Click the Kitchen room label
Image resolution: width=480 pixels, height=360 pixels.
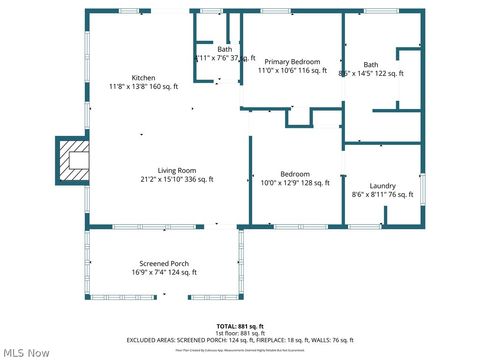[x=143, y=78]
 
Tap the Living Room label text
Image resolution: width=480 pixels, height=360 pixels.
[x=177, y=170]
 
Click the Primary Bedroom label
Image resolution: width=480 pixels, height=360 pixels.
[x=292, y=61]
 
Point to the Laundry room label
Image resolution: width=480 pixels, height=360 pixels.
[x=383, y=186]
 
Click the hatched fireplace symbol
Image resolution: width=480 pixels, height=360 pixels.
[x=74, y=158]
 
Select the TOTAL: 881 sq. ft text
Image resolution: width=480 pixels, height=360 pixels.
[x=240, y=326]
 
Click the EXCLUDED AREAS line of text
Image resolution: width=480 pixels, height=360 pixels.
[x=240, y=340]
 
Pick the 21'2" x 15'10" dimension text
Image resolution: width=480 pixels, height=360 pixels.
[x=177, y=180]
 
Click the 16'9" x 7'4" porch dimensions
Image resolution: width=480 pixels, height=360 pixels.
[x=164, y=272]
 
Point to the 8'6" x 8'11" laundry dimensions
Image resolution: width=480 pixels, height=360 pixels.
[x=383, y=196]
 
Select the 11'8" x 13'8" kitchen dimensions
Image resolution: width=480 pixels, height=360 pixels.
[x=143, y=87]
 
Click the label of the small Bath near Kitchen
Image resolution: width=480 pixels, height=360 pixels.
[x=225, y=49]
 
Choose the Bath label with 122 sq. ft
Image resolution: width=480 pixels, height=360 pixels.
[x=371, y=64]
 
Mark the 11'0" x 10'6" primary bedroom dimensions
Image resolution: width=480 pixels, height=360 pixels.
[x=292, y=71]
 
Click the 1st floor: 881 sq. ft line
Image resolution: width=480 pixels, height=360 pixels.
[x=240, y=333]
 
